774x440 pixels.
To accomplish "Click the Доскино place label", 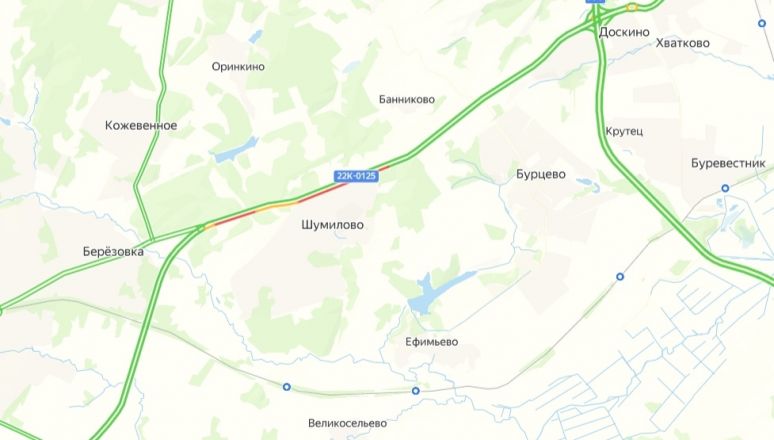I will tap(624, 32).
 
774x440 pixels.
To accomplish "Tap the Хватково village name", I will tap(682, 43).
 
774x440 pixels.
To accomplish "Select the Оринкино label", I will tap(238, 66).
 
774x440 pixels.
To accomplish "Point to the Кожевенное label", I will tap(141, 125).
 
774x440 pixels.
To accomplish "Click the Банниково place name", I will tap(407, 99).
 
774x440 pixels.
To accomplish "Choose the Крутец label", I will tap(624, 131).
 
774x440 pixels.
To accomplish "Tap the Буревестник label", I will tap(728, 163).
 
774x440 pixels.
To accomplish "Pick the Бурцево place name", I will tap(541, 174).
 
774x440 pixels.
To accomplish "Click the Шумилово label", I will tap(332, 225).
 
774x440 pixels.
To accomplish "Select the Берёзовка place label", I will tap(113, 251).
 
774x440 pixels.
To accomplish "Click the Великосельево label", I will tap(347, 423).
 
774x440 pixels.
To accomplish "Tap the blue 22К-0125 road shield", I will tap(356, 176).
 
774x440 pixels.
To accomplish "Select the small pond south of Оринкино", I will tap(236, 151).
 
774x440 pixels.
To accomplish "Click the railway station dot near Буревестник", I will tap(725, 187).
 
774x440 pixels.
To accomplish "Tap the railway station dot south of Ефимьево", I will tap(415, 390).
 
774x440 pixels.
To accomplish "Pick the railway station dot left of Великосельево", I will tap(287, 387).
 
